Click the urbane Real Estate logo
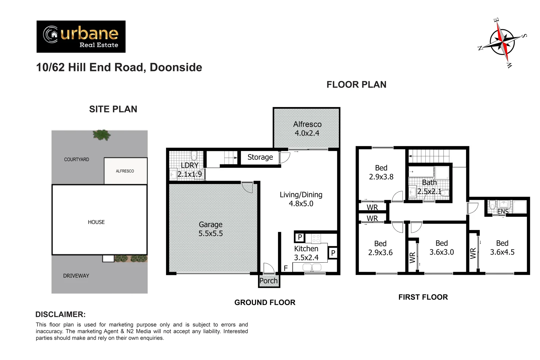(x=81, y=37)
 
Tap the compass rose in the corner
(x=502, y=42)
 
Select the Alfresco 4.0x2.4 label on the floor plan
(x=307, y=129)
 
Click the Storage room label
(x=260, y=157)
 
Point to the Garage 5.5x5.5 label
(x=211, y=229)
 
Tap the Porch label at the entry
(x=268, y=281)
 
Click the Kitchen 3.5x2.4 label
(x=306, y=253)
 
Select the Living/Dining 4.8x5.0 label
(x=301, y=199)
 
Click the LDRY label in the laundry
(x=189, y=165)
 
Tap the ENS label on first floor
(x=503, y=212)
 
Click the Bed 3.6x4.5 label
(x=502, y=248)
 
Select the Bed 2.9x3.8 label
(x=381, y=172)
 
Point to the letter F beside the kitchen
(x=286, y=268)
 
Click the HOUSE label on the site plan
(x=96, y=222)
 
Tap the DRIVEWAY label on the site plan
(x=76, y=276)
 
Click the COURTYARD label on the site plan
(x=77, y=159)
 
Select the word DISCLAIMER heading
(x=60, y=314)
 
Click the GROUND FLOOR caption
(x=265, y=302)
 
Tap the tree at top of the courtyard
(x=102, y=135)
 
